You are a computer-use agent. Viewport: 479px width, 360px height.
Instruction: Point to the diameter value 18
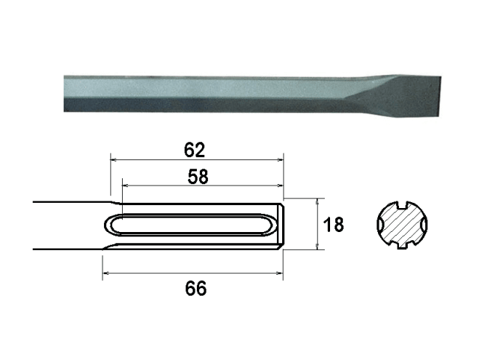click(x=335, y=224)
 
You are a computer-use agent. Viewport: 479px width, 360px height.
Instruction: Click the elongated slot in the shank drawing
click(x=195, y=225)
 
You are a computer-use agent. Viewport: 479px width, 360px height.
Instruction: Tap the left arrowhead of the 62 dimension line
click(x=114, y=159)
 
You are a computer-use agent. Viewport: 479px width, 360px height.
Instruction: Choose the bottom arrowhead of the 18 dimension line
click(x=320, y=246)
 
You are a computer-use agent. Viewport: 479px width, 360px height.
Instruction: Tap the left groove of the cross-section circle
click(x=379, y=225)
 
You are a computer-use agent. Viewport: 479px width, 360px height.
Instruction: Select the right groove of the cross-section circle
click(x=423, y=225)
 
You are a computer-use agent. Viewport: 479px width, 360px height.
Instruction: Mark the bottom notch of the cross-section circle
click(x=401, y=246)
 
